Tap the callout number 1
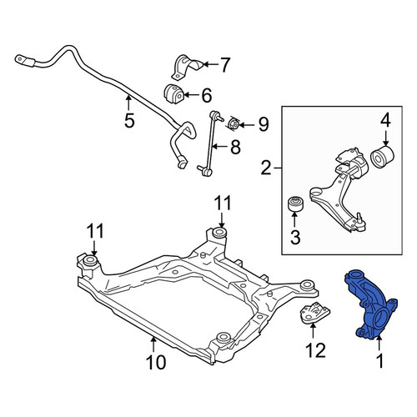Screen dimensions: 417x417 pyautogui.click(x=379, y=361)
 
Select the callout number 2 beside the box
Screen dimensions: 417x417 pyautogui.click(x=266, y=168)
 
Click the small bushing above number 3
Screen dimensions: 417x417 pyautogui.click(x=295, y=203)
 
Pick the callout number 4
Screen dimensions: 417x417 pyautogui.click(x=385, y=121)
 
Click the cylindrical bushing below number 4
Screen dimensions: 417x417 pyautogui.click(x=384, y=158)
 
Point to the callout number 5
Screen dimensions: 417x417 pyautogui.click(x=129, y=120)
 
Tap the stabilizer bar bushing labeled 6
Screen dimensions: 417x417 pyautogui.click(x=173, y=93)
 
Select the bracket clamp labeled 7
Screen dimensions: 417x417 pyautogui.click(x=187, y=68)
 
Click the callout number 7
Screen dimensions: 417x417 pyautogui.click(x=224, y=65)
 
